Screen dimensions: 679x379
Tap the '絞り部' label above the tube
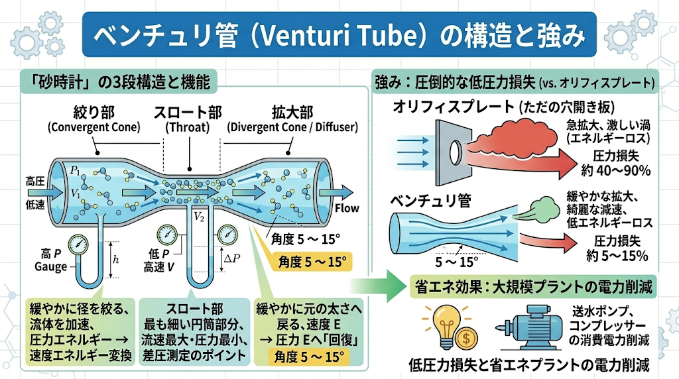[94, 112]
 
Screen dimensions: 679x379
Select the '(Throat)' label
[188, 127]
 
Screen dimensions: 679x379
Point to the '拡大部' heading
[292, 112]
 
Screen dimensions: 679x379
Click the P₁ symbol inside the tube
[75, 170]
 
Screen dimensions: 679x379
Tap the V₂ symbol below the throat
[199, 216]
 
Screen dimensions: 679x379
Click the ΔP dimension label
[232, 258]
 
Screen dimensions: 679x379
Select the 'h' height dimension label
[115, 260]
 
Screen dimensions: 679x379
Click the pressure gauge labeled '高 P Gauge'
[78, 244]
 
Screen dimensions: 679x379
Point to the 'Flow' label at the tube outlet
[347, 208]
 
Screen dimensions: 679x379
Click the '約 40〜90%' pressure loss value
[616, 170]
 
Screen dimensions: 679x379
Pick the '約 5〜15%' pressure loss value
[617, 255]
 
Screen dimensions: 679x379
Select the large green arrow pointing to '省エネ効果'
[378, 286]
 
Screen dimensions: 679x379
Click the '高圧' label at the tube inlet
[35, 182]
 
